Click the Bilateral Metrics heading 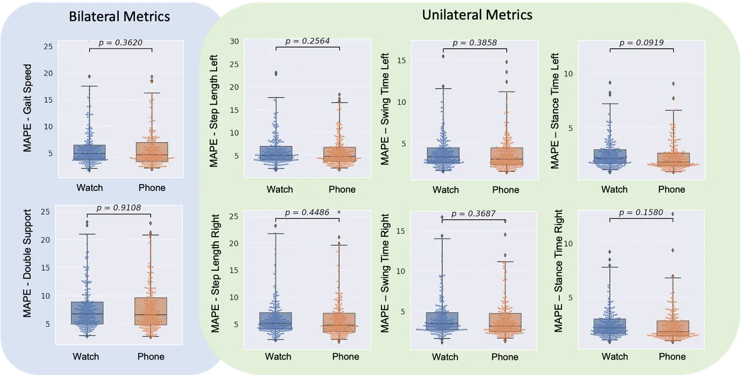119,17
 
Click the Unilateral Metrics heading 477,15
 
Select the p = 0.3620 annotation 120,43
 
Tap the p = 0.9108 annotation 119,208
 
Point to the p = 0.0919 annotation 641,43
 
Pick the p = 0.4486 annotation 307,212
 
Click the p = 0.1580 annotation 641,212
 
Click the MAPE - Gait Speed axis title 27,108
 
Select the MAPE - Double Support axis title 27,263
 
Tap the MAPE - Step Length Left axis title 214,111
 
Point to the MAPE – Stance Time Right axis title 558,271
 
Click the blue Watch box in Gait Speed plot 89,152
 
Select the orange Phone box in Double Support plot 151,311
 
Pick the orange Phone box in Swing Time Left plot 507,156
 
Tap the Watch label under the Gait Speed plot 90,188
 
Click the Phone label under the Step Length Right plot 346,356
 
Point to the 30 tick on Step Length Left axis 234,41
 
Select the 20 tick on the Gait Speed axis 48,73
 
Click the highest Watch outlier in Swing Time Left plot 443,56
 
